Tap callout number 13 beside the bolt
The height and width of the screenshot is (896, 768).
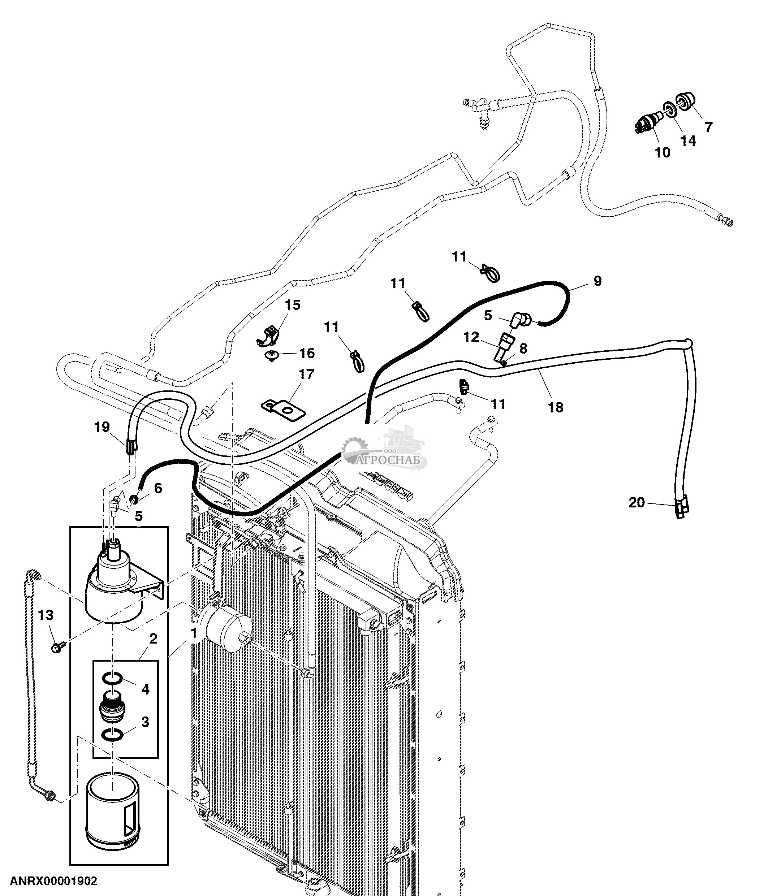click(46, 615)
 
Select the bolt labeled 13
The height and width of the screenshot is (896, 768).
click(57, 647)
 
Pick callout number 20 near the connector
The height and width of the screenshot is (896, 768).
click(636, 502)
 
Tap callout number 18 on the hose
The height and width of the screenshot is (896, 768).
click(556, 407)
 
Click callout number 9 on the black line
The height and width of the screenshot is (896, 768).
click(597, 281)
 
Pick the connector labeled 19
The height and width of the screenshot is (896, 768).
click(131, 445)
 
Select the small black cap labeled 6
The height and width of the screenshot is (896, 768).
click(134, 500)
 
